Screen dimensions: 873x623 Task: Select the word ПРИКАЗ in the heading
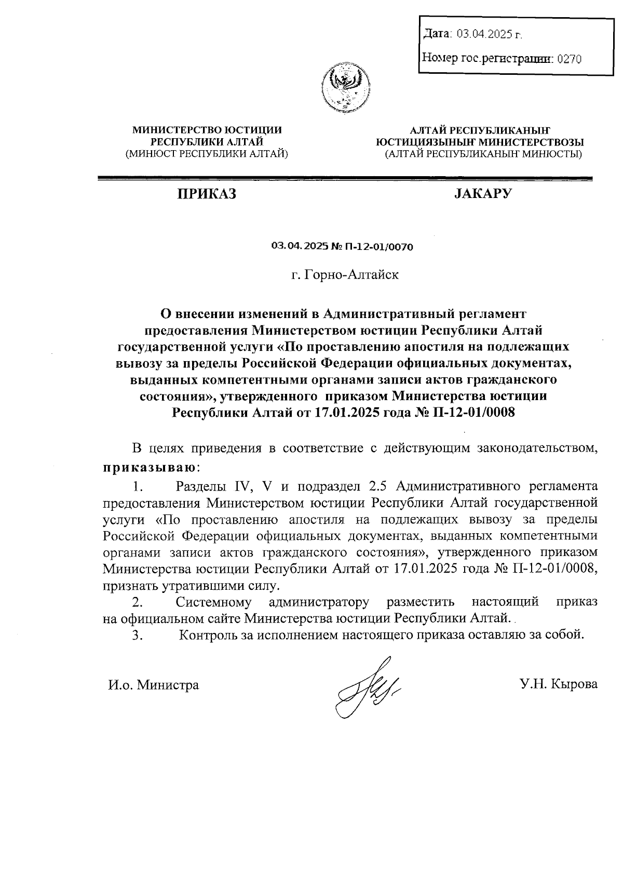click(207, 194)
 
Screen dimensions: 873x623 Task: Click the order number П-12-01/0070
click(380, 247)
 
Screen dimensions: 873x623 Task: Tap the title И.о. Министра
click(154, 685)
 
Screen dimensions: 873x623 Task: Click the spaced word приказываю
click(150, 467)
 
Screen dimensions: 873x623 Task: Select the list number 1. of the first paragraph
click(137, 487)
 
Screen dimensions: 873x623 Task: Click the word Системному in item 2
click(214, 602)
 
